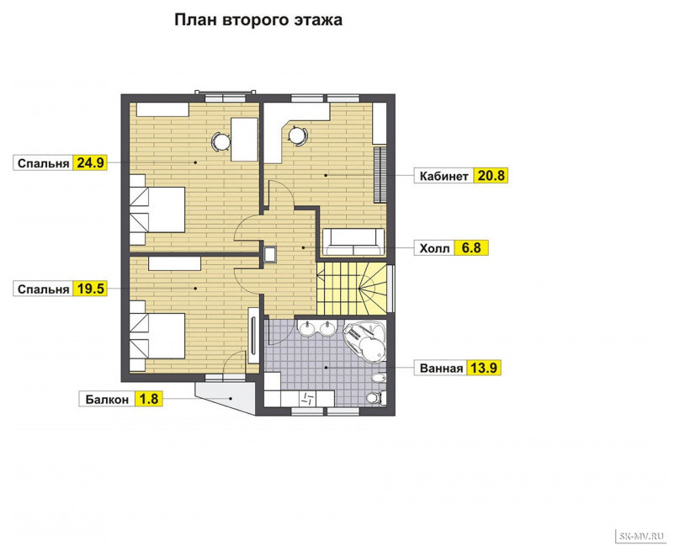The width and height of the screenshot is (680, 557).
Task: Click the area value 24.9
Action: pyautogui.click(x=90, y=163)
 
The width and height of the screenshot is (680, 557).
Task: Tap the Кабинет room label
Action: pyautogui.click(x=444, y=176)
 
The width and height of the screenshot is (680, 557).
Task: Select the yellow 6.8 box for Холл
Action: pyautogui.click(x=471, y=248)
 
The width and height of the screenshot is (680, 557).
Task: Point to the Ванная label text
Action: pyautogui.click(x=442, y=369)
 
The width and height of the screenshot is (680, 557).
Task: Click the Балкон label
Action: pyautogui.click(x=107, y=399)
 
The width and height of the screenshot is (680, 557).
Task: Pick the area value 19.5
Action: pyautogui.click(x=90, y=289)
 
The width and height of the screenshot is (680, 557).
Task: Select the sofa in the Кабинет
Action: pyautogui.click(x=353, y=241)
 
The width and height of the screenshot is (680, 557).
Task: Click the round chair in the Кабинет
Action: pyautogui.click(x=298, y=135)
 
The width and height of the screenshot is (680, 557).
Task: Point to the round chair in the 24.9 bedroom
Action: pyautogui.click(x=220, y=141)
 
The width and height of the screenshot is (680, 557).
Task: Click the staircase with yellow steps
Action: pyautogui.click(x=352, y=289)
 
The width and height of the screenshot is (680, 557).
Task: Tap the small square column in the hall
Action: pyautogui.click(x=270, y=254)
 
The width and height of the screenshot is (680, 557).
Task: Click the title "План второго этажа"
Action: pyautogui.click(x=258, y=20)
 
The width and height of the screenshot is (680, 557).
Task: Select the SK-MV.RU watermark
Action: pyautogui.click(x=641, y=536)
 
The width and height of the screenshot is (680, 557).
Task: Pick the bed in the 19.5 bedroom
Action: pyautogui.click(x=157, y=336)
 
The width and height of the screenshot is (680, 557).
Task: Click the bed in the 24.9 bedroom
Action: pyautogui.click(x=157, y=210)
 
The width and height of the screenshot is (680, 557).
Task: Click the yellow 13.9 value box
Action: pyautogui.click(x=484, y=368)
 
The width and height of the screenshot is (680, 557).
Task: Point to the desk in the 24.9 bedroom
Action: pyautogui.click(x=245, y=139)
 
